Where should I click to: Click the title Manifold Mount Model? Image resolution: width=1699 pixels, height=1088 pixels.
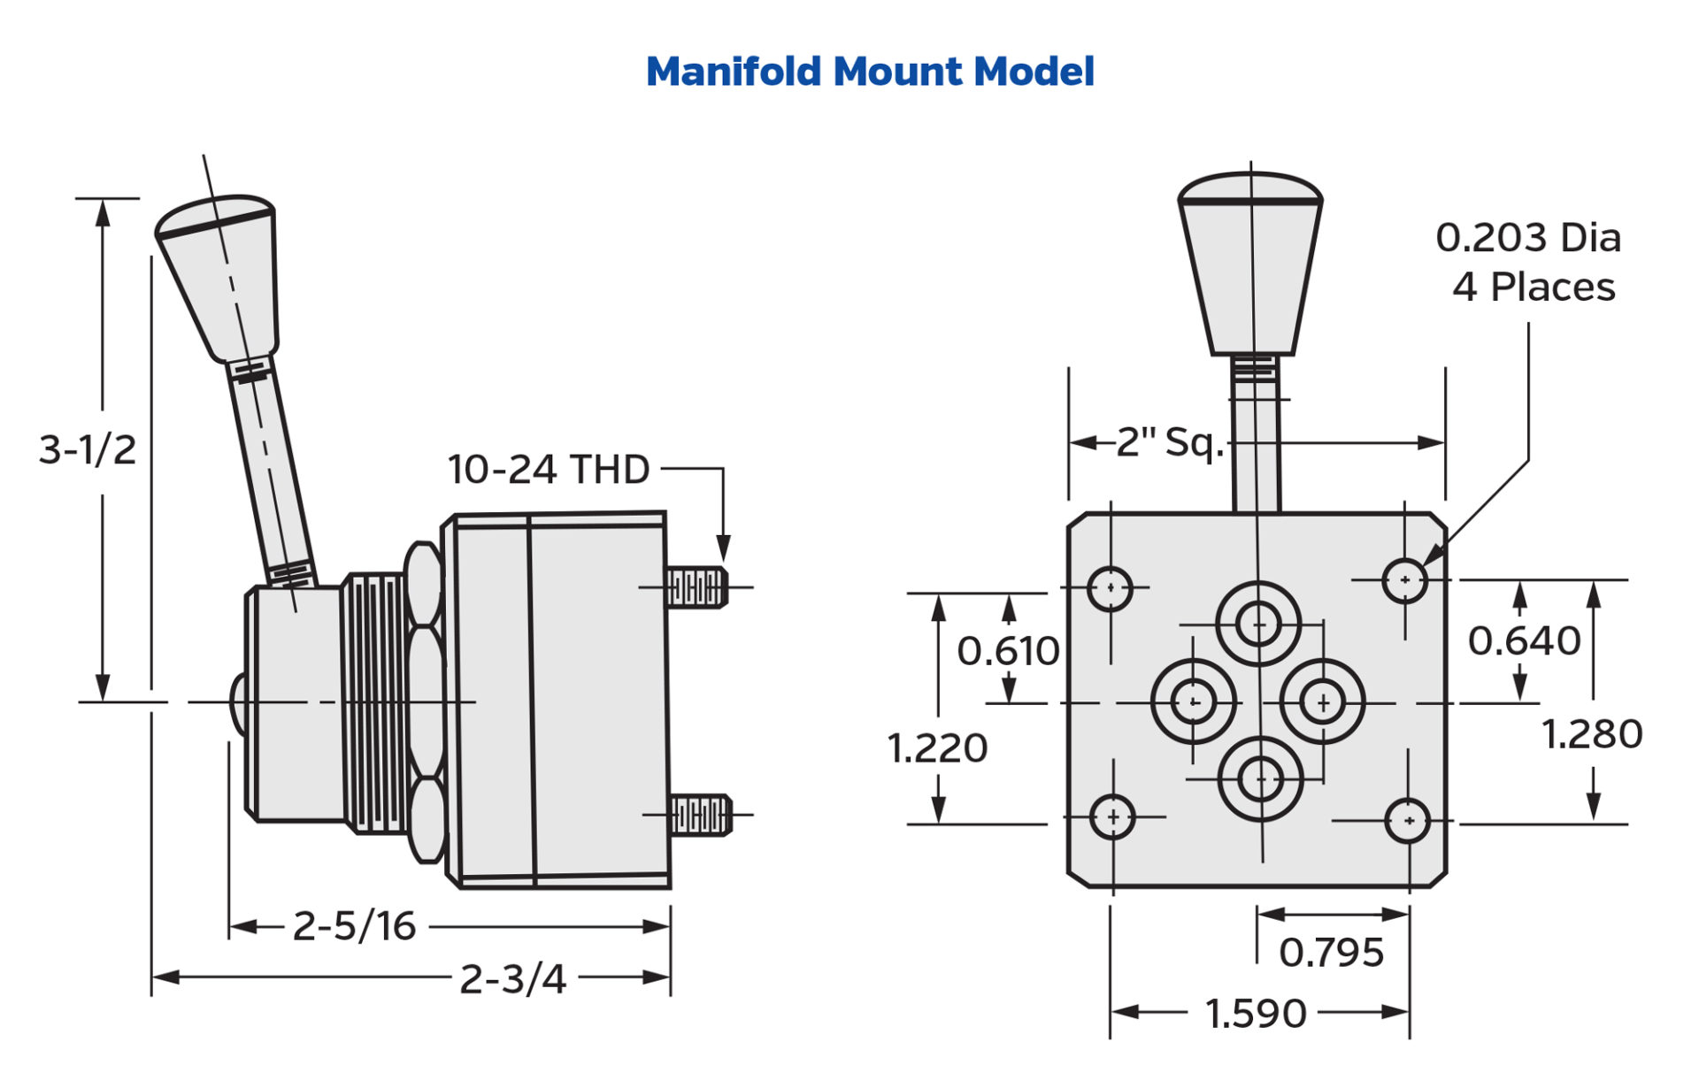coord(870,72)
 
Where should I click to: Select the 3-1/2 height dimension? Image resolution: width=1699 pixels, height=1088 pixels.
coord(88,449)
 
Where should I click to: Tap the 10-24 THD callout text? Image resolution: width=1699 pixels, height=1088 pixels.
coord(549,469)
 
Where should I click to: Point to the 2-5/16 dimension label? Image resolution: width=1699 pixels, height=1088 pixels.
coord(354,926)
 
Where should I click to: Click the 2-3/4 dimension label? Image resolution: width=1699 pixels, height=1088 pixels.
coord(512,979)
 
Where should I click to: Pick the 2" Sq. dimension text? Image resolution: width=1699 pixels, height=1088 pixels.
coord(1169,441)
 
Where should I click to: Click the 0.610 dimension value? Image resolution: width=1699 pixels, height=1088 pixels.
coord(1008,651)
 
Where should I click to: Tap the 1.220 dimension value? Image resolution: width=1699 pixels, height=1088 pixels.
coord(937,748)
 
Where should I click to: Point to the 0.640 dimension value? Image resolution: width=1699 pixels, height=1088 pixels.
coord(1524,640)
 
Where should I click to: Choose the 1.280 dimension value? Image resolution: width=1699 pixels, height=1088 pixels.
coord(1591,733)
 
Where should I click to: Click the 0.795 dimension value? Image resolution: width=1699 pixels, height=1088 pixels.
coord(1331,953)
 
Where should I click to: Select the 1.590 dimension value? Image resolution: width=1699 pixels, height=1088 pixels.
coord(1256,1014)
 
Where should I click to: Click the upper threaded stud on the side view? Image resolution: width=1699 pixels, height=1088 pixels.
coord(696,587)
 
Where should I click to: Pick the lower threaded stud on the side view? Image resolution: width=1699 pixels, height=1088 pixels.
coord(700,815)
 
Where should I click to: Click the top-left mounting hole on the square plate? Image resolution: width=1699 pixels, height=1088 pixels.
coord(1110,588)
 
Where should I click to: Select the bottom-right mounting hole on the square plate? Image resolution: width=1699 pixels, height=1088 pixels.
coord(1407,821)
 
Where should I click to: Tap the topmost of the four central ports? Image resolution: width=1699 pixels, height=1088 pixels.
coord(1257,624)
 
